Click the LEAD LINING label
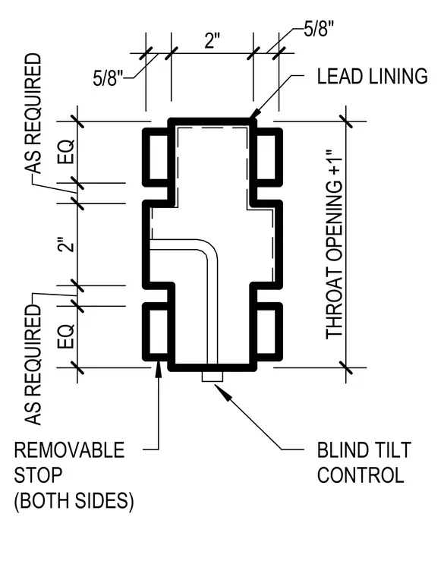coord(372,76)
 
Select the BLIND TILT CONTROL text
coord(364,462)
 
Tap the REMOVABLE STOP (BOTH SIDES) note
coord(74,475)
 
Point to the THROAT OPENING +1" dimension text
coord(334,243)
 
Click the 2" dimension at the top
coord(212,40)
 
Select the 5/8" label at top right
coord(319,28)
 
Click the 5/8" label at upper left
coord(108,78)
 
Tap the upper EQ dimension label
coord(67,152)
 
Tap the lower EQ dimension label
coord(67,336)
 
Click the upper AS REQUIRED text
coord(33,113)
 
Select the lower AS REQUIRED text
coord(33,365)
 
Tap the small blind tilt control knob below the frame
coord(213,377)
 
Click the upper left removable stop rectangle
coord(158,157)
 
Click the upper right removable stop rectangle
coord(266,157)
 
